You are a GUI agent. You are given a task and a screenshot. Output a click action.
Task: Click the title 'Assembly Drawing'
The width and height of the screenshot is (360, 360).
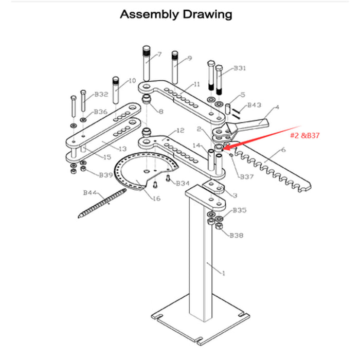[176, 14]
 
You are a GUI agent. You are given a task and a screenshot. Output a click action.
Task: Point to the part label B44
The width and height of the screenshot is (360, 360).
[91, 193]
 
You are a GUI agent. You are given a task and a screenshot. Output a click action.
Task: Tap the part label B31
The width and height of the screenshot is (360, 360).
[240, 68]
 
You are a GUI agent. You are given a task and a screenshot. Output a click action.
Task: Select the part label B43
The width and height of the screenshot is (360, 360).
[255, 105]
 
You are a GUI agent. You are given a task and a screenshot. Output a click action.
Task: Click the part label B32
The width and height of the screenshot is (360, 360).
[101, 95]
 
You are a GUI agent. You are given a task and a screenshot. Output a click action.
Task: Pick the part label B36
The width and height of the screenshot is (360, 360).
[101, 112]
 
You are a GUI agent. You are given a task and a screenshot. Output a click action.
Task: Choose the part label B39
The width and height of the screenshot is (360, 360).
[106, 175]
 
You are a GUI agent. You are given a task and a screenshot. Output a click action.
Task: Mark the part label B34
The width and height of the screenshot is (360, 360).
[183, 183]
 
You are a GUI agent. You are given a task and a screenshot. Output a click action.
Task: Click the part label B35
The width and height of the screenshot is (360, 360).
[239, 210]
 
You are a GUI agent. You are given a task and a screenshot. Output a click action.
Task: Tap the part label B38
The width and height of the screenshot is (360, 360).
[237, 235]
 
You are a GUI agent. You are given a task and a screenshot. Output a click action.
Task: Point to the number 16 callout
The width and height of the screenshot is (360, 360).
[156, 198]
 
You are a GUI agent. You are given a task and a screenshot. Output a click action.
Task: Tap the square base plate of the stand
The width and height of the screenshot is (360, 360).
[201, 322]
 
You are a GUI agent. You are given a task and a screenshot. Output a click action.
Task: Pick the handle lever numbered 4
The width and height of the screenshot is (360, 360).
[255, 124]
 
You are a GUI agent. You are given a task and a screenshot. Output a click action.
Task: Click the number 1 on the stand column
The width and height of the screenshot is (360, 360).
[223, 273]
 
